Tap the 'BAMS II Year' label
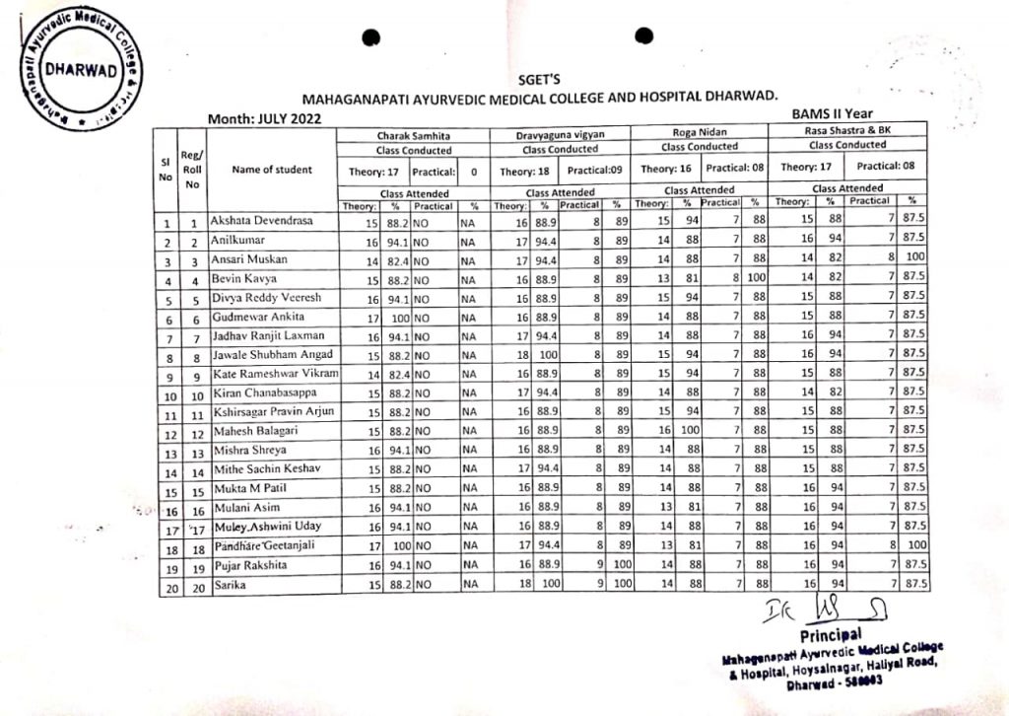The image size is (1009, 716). [832, 113]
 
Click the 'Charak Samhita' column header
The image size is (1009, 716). [414, 133]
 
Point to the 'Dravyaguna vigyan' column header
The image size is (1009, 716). [560, 133]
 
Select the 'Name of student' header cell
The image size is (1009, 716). [271, 169]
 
